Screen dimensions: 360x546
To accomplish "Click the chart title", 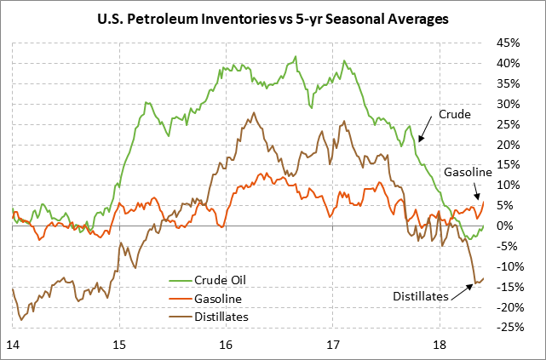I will click(272, 19).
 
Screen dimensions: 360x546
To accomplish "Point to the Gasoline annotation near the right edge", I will click(467, 173).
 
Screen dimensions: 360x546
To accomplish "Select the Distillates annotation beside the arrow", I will click(421, 296).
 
